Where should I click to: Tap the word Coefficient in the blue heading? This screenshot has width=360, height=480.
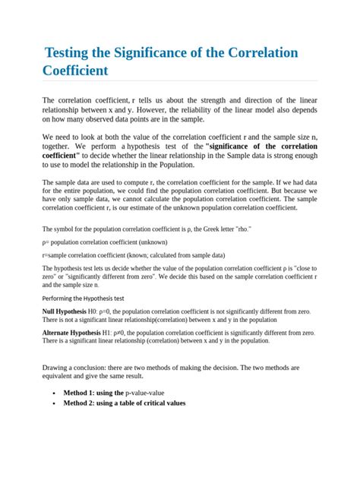pyautogui.click(x=75, y=71)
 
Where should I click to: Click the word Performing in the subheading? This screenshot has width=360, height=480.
pyautogui.click(x=62, y=298)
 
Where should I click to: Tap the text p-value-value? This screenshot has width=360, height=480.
pyautogui.click(x=144, y=393)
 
